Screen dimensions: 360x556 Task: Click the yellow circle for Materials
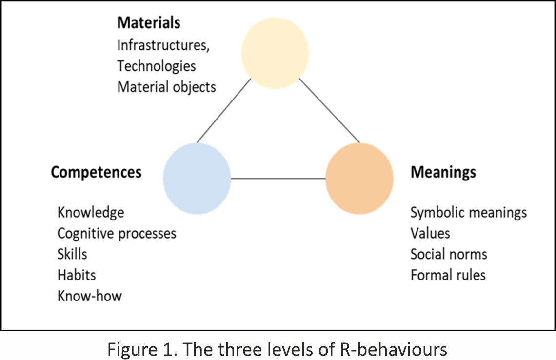pyautogui.click(x=276, y=54)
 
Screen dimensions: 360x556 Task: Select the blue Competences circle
pyautogui.click(x=197, y=178)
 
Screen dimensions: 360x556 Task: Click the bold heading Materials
pyautogui.click(x=148, y=22)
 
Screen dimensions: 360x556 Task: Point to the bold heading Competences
pyautogui.click(x=96, y=172)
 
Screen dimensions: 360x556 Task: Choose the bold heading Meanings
pyautogui.click(x=443, y=172)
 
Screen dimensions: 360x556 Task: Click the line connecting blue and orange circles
pyautogui.click(x=278, y=178)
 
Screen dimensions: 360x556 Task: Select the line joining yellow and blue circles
pyautogui.click(x=224, y=110)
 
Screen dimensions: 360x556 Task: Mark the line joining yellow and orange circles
pyautogui.click(x=329, y=110)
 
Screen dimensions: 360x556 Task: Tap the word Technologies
pyautogui.click(x=156, y=66)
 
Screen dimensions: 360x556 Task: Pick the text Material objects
pyautogui.click(x=166, y=87)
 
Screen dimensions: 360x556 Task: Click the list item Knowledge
pyautogui.click(x=91, y=212)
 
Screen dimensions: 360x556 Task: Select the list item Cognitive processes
pyautogui.click(x=117, y=233)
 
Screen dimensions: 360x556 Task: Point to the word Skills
pyautogui.click(x=72, y=254)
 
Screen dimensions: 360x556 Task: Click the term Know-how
pyautogui.click(x=89, y=296)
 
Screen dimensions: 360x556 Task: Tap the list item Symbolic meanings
pyautogui.click(x=468, y=212)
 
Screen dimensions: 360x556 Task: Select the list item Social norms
pyautogui.click(x=448, y=254)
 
